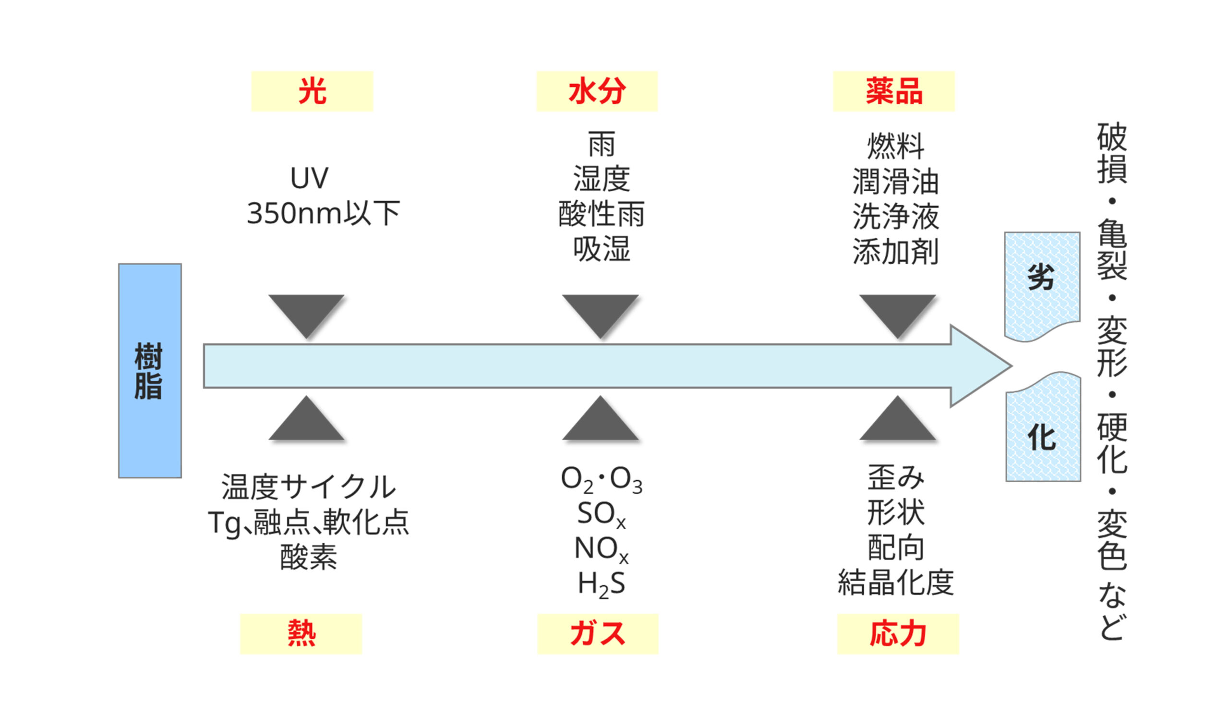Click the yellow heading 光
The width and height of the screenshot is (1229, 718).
tap(312, 91)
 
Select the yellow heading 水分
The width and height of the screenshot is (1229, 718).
tap(597, 91)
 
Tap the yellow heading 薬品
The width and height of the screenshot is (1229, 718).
tap(893, 91)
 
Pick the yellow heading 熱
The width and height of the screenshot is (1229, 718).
tap(301, 633)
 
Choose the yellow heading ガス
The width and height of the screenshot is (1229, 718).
tap(597, 633)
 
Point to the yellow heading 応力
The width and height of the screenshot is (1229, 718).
tap(898, 633)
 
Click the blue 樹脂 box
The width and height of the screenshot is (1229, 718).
tap(150, 371)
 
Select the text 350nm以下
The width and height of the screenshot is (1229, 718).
tap(323, 213)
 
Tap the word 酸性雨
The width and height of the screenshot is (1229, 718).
tap(601, 214)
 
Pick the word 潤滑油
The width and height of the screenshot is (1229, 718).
tap(895, 182)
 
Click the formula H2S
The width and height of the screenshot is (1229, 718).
tap(601, 584)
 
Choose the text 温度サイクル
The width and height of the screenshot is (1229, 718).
tap(308, 487)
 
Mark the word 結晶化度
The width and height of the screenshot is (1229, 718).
tap(895, 582)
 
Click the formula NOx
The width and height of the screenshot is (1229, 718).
tap(601, 549)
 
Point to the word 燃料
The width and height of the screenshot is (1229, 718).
tap(895, 146)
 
